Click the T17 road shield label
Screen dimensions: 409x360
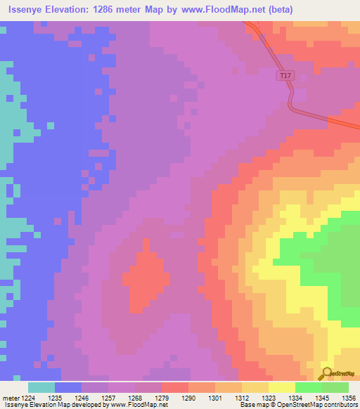285,75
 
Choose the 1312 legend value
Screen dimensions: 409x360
240,397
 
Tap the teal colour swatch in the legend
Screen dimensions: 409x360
41,387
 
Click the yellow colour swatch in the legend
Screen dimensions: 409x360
281,387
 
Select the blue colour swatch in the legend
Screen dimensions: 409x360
68,387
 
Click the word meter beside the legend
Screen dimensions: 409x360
10,397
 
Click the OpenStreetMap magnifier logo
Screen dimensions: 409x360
327,373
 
